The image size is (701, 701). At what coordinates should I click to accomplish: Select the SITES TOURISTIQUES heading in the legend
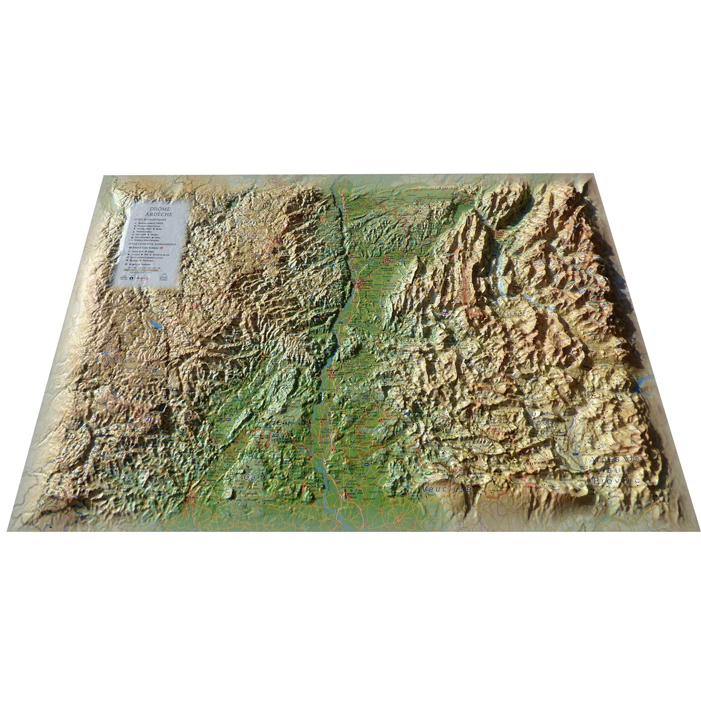click(x=150, y=220)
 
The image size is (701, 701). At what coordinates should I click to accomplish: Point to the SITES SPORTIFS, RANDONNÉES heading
click(x=149, y=244)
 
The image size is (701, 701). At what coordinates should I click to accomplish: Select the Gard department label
click(x=256, y=477)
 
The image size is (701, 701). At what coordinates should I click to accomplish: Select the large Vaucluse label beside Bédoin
click(x=446, y=489)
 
